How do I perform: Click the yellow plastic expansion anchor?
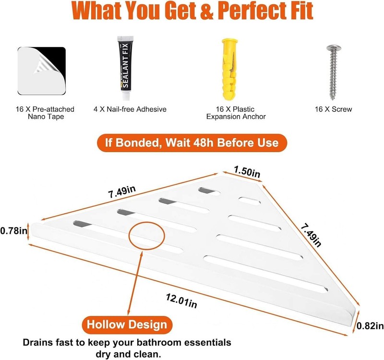229,70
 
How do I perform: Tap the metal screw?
333,72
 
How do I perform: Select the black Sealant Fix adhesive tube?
125,68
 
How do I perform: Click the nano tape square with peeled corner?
42,71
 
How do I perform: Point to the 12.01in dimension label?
181,300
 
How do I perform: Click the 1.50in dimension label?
247,171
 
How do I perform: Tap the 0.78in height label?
14,231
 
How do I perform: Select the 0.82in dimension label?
370,326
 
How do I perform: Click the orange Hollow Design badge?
127,324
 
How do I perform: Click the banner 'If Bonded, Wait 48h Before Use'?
192,143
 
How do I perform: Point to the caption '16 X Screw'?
333,109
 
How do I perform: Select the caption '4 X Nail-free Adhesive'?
130,109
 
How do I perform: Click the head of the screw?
334,48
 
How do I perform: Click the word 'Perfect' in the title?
247,11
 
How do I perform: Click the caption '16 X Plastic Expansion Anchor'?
236,113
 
